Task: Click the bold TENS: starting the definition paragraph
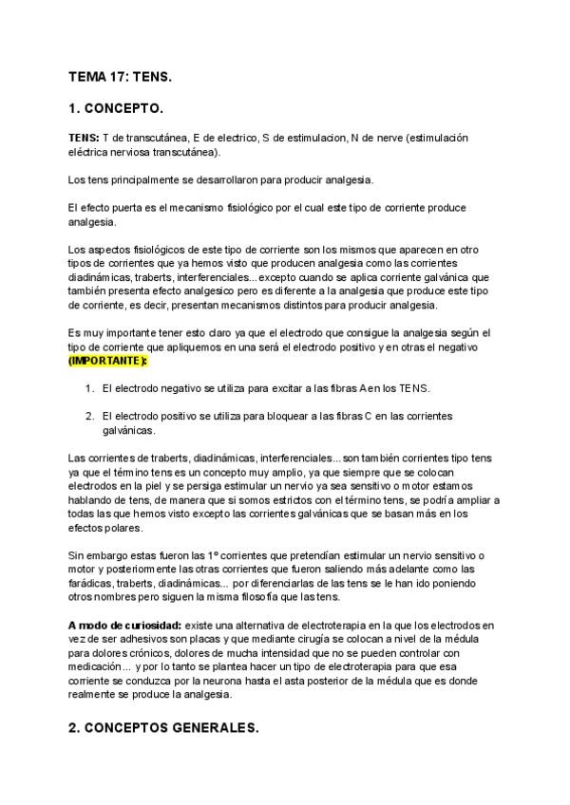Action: click(x=84, y=138)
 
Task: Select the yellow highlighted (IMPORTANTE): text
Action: click(x=107, y=362)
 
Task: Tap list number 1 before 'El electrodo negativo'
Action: click(x=88, y=389)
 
